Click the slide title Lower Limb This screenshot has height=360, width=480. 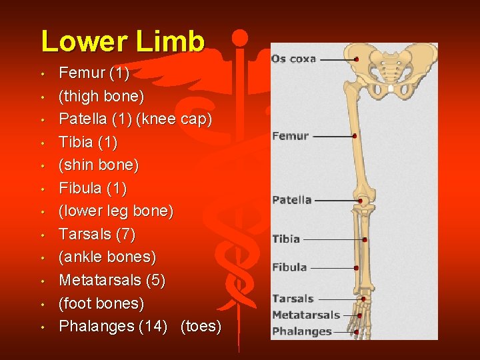click(x=122, y=41)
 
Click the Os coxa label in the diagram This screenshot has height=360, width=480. click(x=293, y=59)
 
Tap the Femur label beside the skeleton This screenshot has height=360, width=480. click(x=291, y=136)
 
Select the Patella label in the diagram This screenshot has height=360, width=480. click(x=292, y=199)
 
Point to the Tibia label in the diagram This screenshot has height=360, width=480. click(x=286, y=239)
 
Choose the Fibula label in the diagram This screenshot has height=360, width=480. click(x=289, y=267)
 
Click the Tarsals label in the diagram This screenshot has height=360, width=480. click(x=293, y=299)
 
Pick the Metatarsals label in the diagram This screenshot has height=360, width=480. click(x=306, y=315)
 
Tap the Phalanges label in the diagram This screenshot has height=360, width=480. click(x=302, y=331)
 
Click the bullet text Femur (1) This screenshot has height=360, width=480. click(x=94, y=73)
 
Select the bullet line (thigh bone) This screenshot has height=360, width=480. click(x=101, y=96)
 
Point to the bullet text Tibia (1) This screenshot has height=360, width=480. click(x=88, y=142)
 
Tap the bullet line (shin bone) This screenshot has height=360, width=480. click(x=99, y=165)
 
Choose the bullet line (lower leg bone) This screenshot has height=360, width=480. click(x=116, y=211)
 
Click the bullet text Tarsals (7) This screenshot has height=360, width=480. click(x=97, y=234)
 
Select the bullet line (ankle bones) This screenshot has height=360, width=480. click(x=107, y=257)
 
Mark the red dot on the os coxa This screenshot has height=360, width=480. click(x=357, y=59)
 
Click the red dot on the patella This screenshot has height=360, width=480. click(x=360, y=200)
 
